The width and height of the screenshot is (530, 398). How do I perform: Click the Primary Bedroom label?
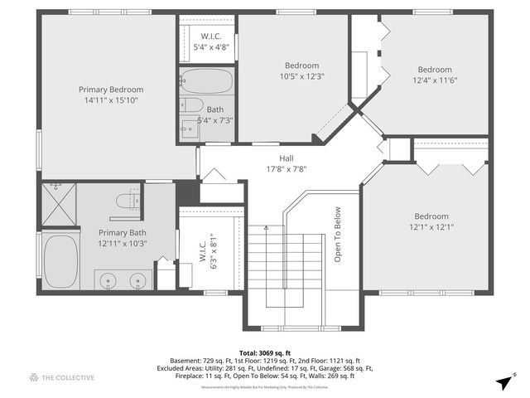click(111, 90)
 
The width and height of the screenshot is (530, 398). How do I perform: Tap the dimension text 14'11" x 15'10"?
click(111, 99)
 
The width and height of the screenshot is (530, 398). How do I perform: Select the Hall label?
click(286, 158)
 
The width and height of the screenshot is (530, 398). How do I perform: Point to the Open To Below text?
click(338, 235)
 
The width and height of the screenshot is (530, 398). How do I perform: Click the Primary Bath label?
click(123, 233)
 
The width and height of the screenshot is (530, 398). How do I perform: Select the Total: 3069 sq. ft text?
click(264, 352)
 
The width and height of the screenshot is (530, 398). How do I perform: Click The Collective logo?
click(62, 377)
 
